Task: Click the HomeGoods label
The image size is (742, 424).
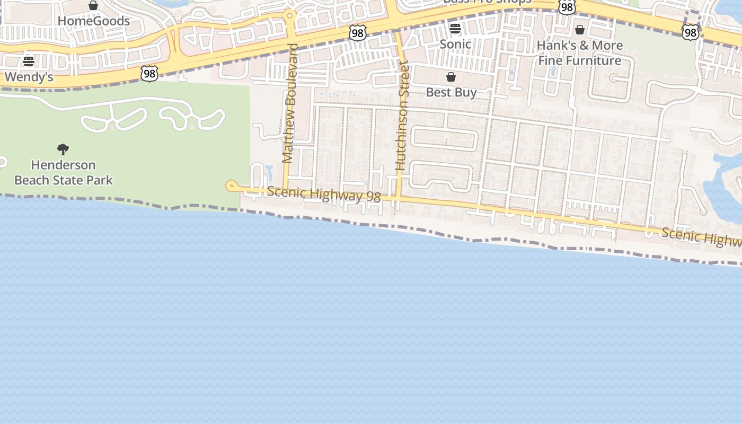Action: tap(93, 21)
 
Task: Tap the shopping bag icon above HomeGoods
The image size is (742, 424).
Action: tap(93, 6)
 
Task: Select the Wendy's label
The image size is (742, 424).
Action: tap(29, 77)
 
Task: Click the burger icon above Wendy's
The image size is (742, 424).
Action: tap(29, 61)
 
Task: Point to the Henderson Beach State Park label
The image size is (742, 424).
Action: tap(64, 172)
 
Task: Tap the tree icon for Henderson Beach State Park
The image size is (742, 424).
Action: tap(63, 149)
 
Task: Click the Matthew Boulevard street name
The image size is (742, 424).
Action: tap(289, 103)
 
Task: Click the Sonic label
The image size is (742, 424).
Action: tap(455, 44)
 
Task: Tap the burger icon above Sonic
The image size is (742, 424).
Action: tap(455, 29)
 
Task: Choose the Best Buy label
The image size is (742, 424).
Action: tap(452, 92)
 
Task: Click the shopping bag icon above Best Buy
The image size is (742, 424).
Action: tap(451, 77)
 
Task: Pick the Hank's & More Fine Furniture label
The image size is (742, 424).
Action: tap(580, 53)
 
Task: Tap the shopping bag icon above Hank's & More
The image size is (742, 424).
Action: tap(580, 30)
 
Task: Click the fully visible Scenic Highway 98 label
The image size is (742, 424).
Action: tap(324, 194)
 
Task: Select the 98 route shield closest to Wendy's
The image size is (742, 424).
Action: tap(149, 74)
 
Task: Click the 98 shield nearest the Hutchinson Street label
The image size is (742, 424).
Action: tap(358, 33)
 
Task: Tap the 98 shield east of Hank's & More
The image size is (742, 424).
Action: tap(690, 32)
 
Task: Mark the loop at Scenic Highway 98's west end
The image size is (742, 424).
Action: tap(232, 185)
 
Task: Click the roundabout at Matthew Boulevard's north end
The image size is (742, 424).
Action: tap(289, 15)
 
